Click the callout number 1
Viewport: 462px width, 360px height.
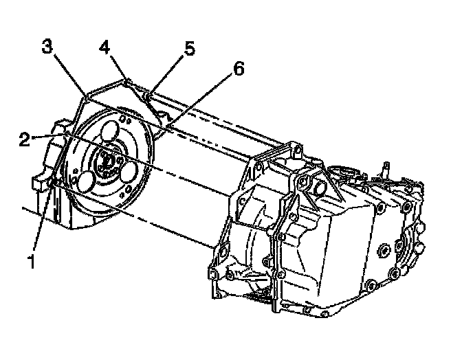coord(30,260)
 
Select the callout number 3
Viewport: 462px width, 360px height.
coord(47,47)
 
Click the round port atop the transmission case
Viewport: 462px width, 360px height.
coord(320,187)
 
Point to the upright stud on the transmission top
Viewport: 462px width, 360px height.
coord(386,166)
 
